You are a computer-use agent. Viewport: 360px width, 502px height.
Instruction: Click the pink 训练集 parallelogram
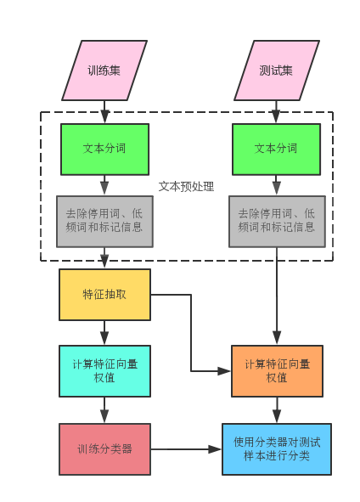[104, 71]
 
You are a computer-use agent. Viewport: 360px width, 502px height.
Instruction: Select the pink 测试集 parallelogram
[277, 71]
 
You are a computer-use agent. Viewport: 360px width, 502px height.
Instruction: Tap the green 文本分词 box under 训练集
[104, 149]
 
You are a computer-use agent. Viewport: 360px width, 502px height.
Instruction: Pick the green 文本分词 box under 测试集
[277, 149]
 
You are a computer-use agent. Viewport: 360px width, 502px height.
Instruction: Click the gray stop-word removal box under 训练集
[104, 222]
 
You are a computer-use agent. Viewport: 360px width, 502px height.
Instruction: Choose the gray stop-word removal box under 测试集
[277, 222]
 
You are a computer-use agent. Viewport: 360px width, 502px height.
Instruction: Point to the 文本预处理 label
[186, 186]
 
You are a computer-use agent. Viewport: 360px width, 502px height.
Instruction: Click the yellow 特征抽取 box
[104, 295]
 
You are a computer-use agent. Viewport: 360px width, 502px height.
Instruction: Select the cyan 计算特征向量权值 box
[104, 371]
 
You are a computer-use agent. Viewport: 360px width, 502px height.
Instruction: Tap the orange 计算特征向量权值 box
[277, 371]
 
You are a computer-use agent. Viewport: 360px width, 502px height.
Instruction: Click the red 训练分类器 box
[104, 449]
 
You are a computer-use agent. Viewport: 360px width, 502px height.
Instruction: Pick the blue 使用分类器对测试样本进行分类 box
[277, 449]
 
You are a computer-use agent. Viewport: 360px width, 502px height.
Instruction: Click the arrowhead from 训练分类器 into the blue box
[215, 449]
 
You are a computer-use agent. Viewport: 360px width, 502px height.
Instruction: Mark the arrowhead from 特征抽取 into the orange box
[224, 371]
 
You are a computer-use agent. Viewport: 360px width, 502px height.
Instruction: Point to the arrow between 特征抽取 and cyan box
[104, 333]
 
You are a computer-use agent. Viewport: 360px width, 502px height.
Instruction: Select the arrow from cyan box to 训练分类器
[104, 410]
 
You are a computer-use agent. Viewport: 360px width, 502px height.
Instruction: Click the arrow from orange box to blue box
[277, 410]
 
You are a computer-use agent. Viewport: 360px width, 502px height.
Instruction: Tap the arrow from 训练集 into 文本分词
[104, 112]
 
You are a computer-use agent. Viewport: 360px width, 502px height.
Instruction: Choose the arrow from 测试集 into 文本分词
[276, 112]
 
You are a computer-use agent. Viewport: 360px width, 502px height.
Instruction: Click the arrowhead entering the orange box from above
[277, 338]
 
